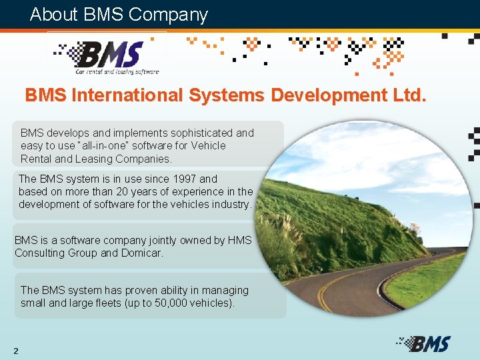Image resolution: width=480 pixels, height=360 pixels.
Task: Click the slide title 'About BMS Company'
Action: point(119,15)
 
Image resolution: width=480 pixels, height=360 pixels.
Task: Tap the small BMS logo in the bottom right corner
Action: point(424,343)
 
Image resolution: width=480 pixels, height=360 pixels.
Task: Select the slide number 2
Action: point(15,351)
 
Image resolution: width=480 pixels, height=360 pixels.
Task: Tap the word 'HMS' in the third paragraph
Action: point(240,240)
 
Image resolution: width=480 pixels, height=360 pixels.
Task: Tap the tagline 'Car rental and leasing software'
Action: point(117,71)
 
